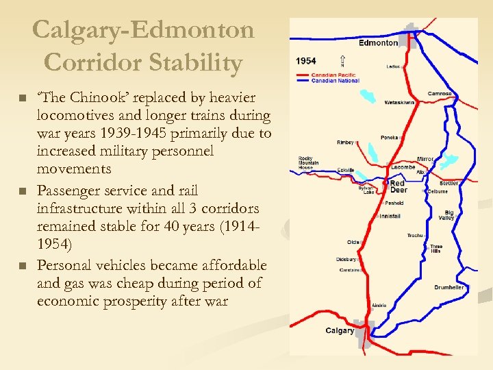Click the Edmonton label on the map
tap(378, 42)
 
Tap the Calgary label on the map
tap(340, 331)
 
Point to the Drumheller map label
tap(448, 287)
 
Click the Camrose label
tap(440, 94)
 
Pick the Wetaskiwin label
tap(399, 102)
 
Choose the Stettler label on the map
tap(449, 184)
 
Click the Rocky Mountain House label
tap(305, 163)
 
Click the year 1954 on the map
tap(306, 61)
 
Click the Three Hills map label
tap(435, 249)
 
